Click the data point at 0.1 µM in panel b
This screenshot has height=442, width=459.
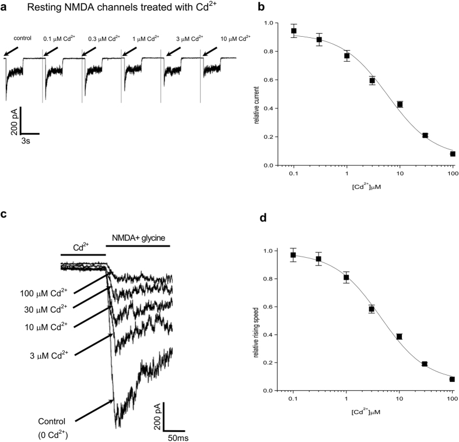pyautogui.click(x=294, y=31)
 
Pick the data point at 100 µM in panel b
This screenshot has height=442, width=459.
pyautogui.click(x=453, y=154)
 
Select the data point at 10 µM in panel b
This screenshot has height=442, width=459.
pyautogui.click(x=400, y=104)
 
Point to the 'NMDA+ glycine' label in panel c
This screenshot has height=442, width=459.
pyautogui.click(x=139, y=246)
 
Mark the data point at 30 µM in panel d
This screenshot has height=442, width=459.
pyautogui.click(x=425, y=364)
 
